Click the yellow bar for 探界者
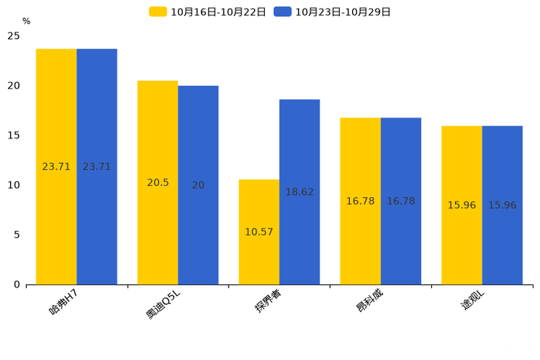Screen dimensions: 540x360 (x=259, y=232)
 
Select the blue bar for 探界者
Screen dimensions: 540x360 (x=300, y=192)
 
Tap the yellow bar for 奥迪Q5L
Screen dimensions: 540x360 (x=157, y=183)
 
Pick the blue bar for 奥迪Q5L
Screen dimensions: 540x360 (x=198, y=185)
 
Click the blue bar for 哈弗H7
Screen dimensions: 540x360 (x=97, y=167)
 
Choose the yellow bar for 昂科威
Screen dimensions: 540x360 (x=361, y=201)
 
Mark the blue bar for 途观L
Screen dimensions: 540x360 (x=502, y=205)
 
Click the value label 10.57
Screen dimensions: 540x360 (x=259, y=232)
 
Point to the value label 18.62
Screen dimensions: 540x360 (x=300, y=192)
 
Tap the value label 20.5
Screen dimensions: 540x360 (x=157, y=183)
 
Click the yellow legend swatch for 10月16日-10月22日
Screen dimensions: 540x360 (x=157, y=12)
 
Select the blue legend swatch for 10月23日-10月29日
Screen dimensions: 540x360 (x=282, y=12)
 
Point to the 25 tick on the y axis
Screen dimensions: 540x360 (x=14, y=36)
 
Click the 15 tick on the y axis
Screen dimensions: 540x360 (x=14, y=136)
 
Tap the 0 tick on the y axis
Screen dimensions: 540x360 (x=17, y=285)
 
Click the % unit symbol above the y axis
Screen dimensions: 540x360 (x=27, y=21)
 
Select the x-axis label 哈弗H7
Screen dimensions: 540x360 (x=63, y=302)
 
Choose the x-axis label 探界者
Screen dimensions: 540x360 (x=268, y=300)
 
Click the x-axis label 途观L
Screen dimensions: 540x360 (x=472, y=300)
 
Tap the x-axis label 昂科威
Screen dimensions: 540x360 (x=369, y=300)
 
